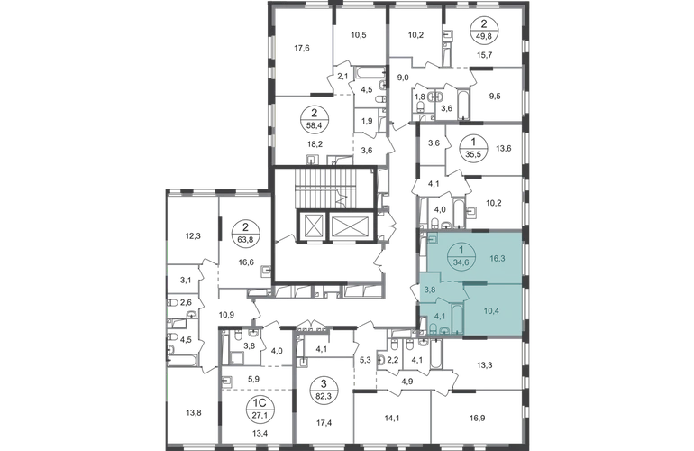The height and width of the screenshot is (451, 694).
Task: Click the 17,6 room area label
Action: point(301,49)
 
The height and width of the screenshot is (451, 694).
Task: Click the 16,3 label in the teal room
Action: point(497,258)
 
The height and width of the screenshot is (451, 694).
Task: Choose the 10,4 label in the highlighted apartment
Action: point(491,311)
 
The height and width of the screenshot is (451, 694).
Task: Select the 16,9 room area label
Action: point(476,418)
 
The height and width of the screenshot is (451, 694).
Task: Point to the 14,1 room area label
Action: point(392,417)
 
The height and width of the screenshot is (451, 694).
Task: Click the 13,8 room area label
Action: point(193,413)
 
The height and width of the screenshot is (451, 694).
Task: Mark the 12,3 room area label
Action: point(193,236)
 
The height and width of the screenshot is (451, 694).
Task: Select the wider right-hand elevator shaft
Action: point(349,226)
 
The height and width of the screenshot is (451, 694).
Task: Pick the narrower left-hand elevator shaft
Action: point(312,226)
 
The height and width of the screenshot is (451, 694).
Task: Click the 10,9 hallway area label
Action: point(226,315)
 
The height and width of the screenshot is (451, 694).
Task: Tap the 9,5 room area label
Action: point(495,97)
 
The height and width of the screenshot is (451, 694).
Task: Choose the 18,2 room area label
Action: point(315,144)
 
